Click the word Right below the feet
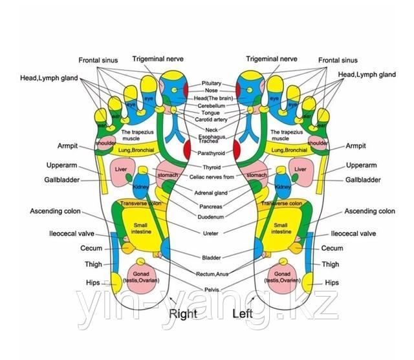coord(183,315)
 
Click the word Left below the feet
coord(244,315)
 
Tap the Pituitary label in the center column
coord(212,83)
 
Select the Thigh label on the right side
coord(330,264)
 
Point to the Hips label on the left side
coord(93,282)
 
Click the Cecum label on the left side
coord(90,248)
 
